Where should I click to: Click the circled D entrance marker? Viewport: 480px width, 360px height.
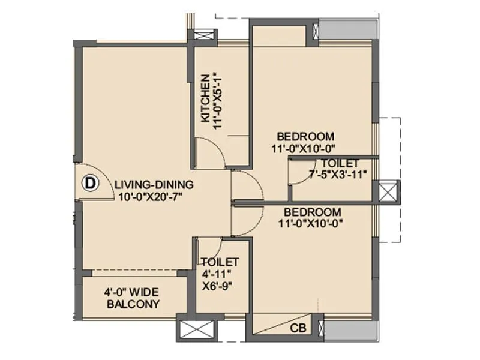click(x=90, y=183)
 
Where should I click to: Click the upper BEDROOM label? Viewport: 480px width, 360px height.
click(x=306, y=136)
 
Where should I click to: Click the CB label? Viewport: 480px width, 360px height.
click(x=297, y=329)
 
